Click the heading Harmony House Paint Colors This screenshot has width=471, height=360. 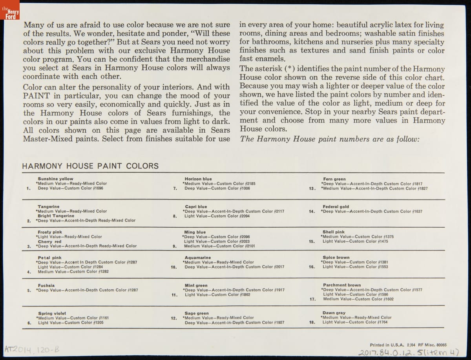pos(91,166)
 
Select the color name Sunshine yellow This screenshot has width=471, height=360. pos(55,179)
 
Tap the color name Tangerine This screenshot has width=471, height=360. pos(49,206)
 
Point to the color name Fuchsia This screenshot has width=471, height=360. pos(46,285)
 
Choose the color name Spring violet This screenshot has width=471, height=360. pos(51,313)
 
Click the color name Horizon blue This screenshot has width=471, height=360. pos(198,179)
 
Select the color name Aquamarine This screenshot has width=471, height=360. pos(197,258)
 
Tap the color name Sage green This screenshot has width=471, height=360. pos(197,313)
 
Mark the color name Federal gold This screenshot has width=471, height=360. pos(336,206)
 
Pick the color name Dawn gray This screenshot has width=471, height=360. pos(334,313)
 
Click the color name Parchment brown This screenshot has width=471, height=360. pos(342,285)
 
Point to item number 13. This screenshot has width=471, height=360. pos(312,188)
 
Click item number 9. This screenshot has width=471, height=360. pos(175,246)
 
